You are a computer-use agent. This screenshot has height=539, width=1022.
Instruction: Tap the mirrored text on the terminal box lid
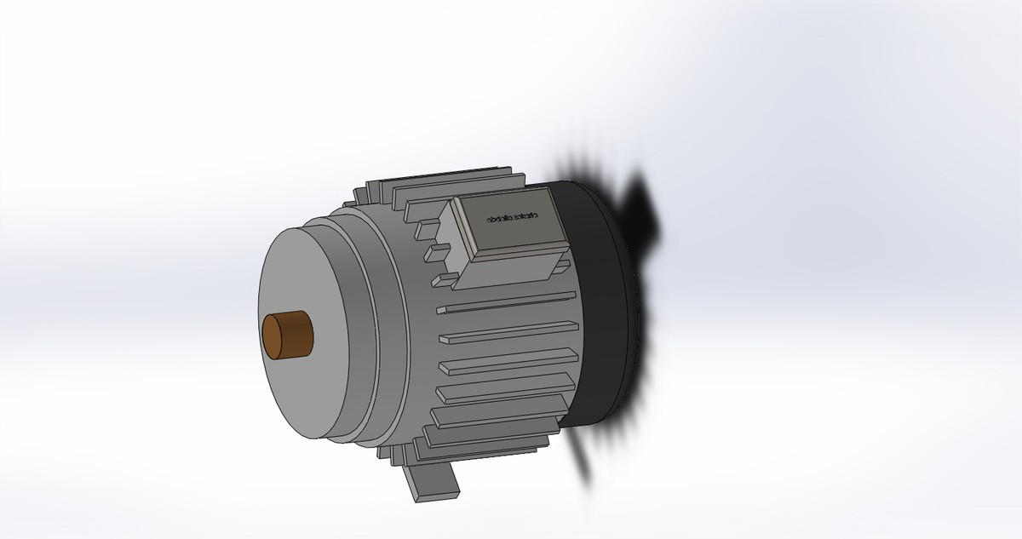pos(513,219)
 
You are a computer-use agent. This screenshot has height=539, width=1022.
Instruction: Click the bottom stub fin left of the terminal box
pos(442,278)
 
